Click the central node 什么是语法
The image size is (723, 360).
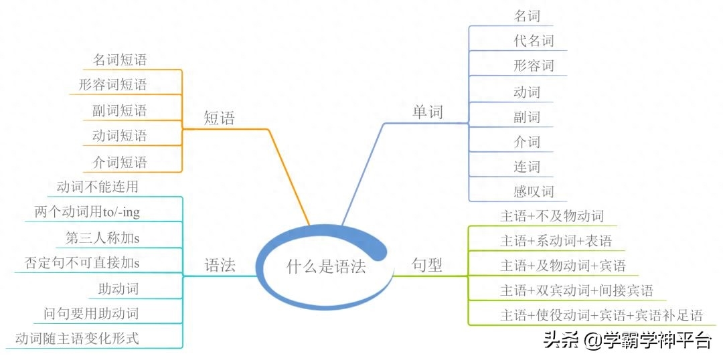click(326, 266)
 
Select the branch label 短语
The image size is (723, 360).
click(220, 118)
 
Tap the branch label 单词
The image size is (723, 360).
click(427, 112)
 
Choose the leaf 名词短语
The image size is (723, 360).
click(120, 60)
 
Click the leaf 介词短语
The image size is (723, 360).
click(120, 162)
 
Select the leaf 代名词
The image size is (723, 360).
click(534, 41)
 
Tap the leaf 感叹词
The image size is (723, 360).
click(534, 191)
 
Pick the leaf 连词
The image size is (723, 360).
click(527, 166)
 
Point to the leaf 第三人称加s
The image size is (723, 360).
click(102, 238)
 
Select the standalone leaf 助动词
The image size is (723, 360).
click(118, 288)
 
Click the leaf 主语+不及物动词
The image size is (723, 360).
click(552, 215)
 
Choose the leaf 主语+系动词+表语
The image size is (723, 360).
click(556, 241)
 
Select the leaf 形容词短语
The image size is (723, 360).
click(113, 84)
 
